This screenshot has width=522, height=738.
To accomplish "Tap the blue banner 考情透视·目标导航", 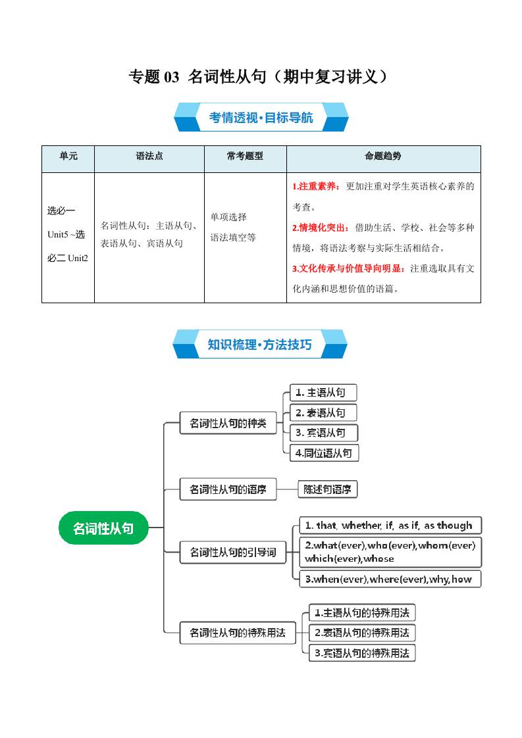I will pos(261,118).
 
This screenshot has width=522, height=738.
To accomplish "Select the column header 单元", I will pos(68,157).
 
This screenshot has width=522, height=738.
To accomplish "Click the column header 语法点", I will pos(149,157).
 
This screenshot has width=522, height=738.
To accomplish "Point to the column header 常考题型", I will pos(245,157).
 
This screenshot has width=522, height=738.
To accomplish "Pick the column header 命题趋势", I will pos(383,157).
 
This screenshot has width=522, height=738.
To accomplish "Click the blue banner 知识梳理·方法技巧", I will pos(260,345).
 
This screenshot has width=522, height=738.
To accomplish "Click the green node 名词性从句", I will pos(103,528).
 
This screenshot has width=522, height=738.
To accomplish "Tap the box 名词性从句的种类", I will pos(228,423).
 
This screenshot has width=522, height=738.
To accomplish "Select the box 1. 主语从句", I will pos(323,393).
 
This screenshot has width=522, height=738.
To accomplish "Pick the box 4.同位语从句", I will pos(325,453).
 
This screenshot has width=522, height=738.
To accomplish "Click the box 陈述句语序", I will pos(327,489).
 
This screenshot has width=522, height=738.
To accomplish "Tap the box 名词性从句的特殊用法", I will pos(238,633).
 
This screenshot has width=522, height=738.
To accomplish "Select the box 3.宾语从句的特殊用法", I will pos(362,653).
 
